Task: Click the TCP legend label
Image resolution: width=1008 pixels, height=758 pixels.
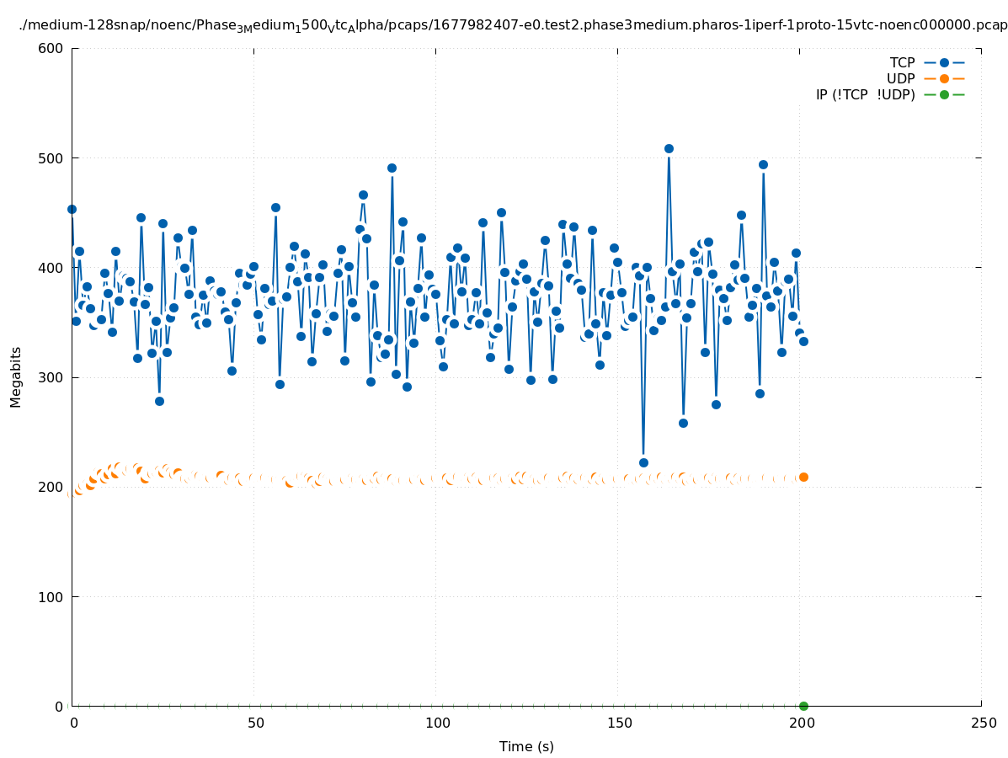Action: point(902,62)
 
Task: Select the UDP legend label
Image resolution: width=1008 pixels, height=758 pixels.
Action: point(900,78)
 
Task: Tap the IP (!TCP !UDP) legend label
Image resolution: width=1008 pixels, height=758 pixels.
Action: point(865,94)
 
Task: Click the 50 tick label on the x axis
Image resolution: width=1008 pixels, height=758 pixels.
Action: point(254,723)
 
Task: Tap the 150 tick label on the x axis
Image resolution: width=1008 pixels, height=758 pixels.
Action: point(618,723)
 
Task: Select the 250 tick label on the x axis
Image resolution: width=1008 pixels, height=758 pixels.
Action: point(982,723)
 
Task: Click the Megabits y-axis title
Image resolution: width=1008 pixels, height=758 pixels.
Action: point(16,376)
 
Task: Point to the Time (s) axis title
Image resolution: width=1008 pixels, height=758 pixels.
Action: point(526,747)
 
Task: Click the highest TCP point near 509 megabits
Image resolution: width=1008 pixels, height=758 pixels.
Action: point(669,148)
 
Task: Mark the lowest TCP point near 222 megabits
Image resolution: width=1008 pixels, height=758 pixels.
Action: point(643,462)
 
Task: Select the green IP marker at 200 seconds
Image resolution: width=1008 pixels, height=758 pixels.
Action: point(803,706)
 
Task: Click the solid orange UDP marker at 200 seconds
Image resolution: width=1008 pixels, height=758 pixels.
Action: point(803,477)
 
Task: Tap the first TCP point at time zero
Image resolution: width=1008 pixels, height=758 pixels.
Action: point(72,209)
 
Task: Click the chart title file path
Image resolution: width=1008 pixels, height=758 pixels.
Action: point(513,26)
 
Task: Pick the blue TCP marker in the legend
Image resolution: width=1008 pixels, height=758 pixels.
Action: point(944,62)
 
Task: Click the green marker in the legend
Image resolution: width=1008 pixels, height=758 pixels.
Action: point(944,94)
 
